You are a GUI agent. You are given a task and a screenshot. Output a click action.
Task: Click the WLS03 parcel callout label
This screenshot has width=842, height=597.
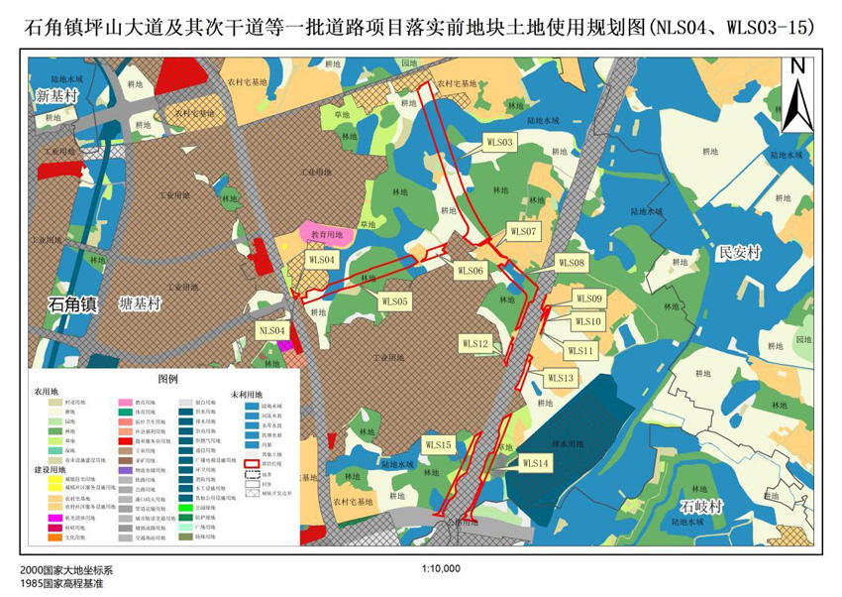tap(499, 144)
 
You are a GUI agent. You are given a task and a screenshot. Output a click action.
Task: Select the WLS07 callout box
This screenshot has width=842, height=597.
tap(523, 231)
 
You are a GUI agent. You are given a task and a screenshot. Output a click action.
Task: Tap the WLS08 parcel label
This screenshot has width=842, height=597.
tap(572, 263)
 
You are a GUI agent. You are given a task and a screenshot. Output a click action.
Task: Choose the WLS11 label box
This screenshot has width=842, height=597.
tap(580, 351)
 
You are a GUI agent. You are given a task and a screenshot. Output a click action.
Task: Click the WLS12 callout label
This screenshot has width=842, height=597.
tap(474, 343)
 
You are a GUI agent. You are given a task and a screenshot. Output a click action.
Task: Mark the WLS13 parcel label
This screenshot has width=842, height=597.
tap(560, 378)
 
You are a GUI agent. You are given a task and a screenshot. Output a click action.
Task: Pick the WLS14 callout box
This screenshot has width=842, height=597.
tap(534, 463)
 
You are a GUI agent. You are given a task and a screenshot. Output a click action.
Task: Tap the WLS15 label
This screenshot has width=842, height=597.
tap(437, 445)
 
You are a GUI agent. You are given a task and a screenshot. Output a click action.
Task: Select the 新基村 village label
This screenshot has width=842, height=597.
tap(55, 96)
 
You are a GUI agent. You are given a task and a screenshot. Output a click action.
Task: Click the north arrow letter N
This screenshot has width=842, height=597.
tap(797, 67)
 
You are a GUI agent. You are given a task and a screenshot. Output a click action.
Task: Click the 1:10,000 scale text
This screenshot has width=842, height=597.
tap(441, 569)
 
